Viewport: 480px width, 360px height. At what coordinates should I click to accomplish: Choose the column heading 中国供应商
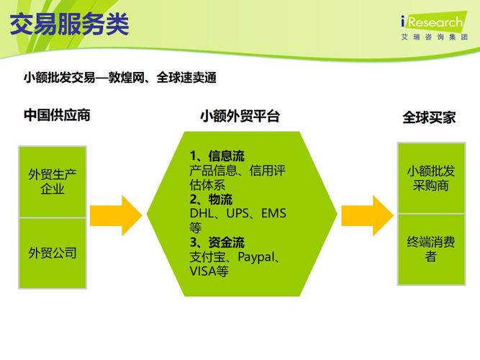pos(57,115)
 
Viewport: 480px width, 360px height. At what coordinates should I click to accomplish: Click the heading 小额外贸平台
pos(240,116)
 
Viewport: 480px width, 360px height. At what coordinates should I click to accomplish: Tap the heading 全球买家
pos(429,117)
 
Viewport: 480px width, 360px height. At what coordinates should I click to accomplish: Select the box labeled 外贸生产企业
pos(53,181)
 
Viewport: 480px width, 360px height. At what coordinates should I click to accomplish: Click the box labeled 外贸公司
pos(53,253)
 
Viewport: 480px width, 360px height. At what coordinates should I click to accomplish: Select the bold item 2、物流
pos(211,199)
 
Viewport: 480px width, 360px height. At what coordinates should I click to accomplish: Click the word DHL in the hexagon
pos(202,214)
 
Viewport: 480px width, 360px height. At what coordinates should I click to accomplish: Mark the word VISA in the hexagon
pos(202,271)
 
